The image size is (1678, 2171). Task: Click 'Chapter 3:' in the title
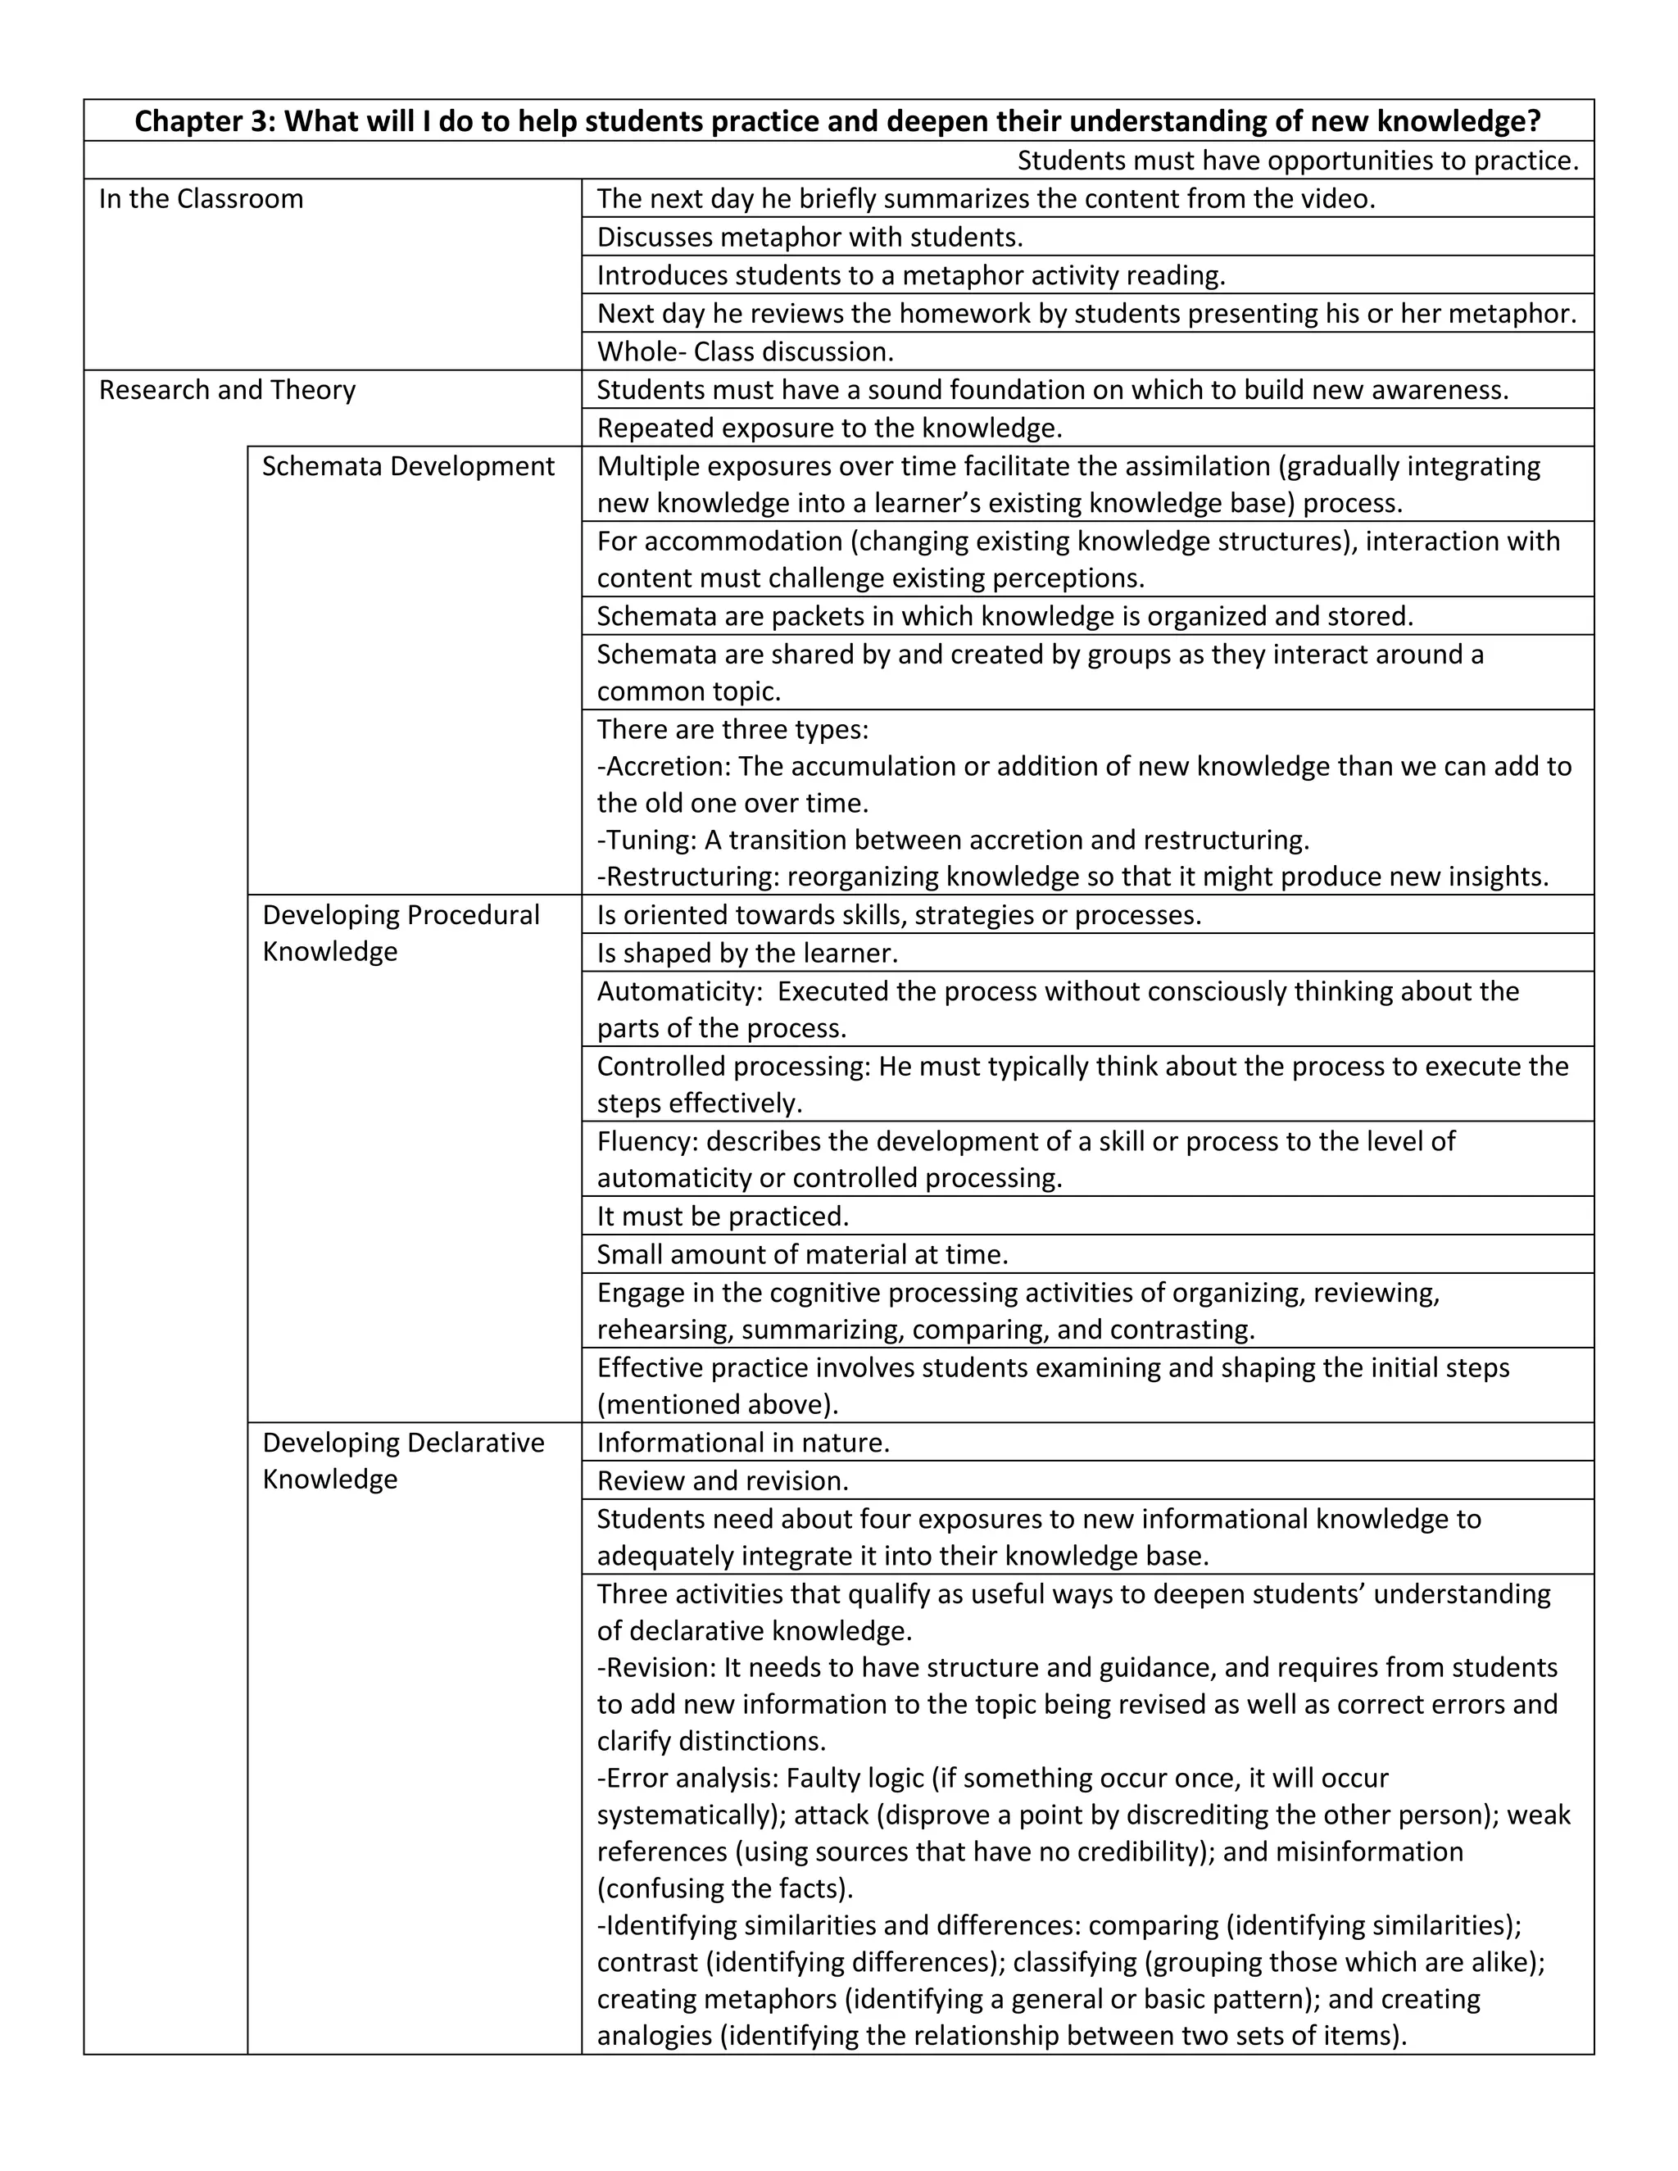pyautogui.click(x=205, y=121)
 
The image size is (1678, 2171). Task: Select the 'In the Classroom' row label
pyautogui.click(x=201, y=199)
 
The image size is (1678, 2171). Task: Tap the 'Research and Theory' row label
pyautogui.click(x=227, y=390)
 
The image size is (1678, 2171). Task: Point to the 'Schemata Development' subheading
pyautogui.click(x=407, y=466)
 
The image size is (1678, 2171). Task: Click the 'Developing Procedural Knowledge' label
pyautogui.click(x=401, y=932)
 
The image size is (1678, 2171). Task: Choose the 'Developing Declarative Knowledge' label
pyautogui.click(x=402, y=1460)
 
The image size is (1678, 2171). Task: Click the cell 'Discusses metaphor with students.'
pyautogui.click(x=810, y=238)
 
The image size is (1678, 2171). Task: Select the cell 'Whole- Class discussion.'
pyautogui.click(x=745, y=352)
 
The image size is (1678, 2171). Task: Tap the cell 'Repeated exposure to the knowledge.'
pyautogui.click(x=829, y=428)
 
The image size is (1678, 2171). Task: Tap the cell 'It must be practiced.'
pyautogui.click(x=723, y=1217)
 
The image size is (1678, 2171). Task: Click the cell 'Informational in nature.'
pyautogui.click(x=742, y=1443)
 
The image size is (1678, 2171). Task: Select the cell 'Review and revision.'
pyautogui.click(x=723, y=1481)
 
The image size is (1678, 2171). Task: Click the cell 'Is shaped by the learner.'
pyautogui.click(x=746, y=954)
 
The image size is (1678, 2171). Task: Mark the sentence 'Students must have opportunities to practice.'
pyautogui.click(x=1297, y=160)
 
